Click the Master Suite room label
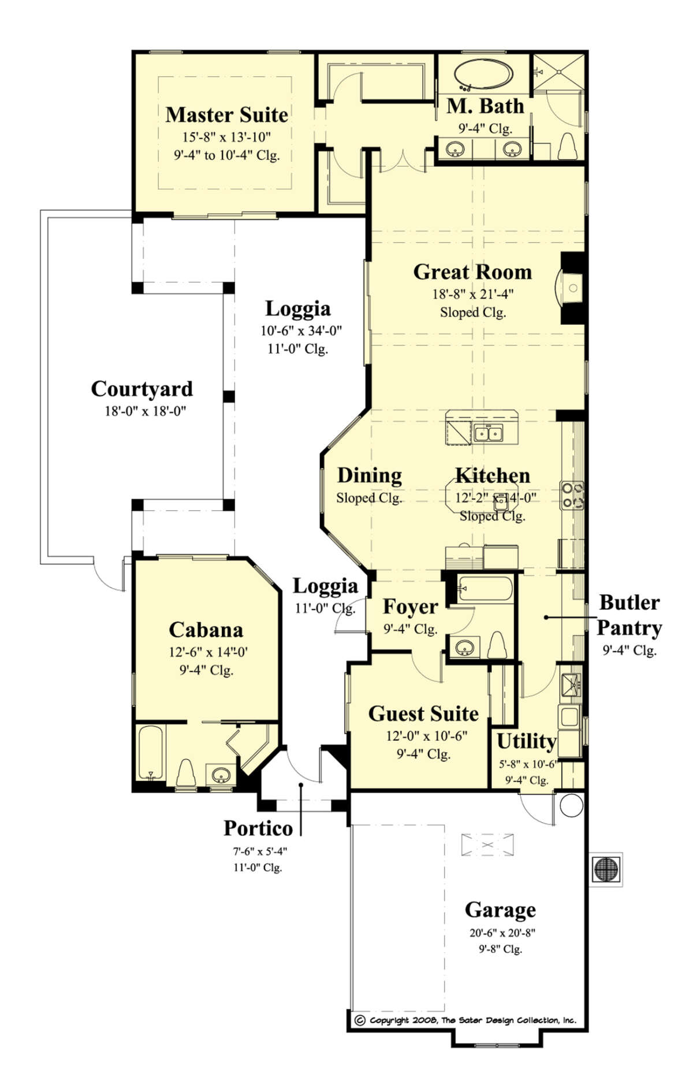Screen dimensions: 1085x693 click(x=226, y=114)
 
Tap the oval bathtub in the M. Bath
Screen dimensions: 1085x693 click(x=483, y=75)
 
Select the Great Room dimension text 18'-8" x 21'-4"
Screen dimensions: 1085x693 click(x=472, y=294)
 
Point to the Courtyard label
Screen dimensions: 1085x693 click(x=141, y=389)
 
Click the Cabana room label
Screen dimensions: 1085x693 click(x=206, y=629)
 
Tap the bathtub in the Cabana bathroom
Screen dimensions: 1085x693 click(x=151, y=753)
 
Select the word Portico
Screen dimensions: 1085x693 click(x=258, y=828)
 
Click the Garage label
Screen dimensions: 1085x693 click(x=500, y=909)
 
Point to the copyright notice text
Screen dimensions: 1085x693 click(x=465, y=1020)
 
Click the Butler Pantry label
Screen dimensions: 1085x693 click(x=629, y=615)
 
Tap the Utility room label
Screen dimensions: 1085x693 click(x=526, y=741)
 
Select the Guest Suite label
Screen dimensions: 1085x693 click(x=423, y=714)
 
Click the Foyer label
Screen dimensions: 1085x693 click(x=410, y=607)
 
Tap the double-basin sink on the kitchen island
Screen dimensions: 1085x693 click(x=488, y=433)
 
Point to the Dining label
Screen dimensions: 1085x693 click(x=369, y=475)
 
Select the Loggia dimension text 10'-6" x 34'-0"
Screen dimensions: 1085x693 click(x=300, y=330)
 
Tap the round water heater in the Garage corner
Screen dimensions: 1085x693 click(x=571, y=805)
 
